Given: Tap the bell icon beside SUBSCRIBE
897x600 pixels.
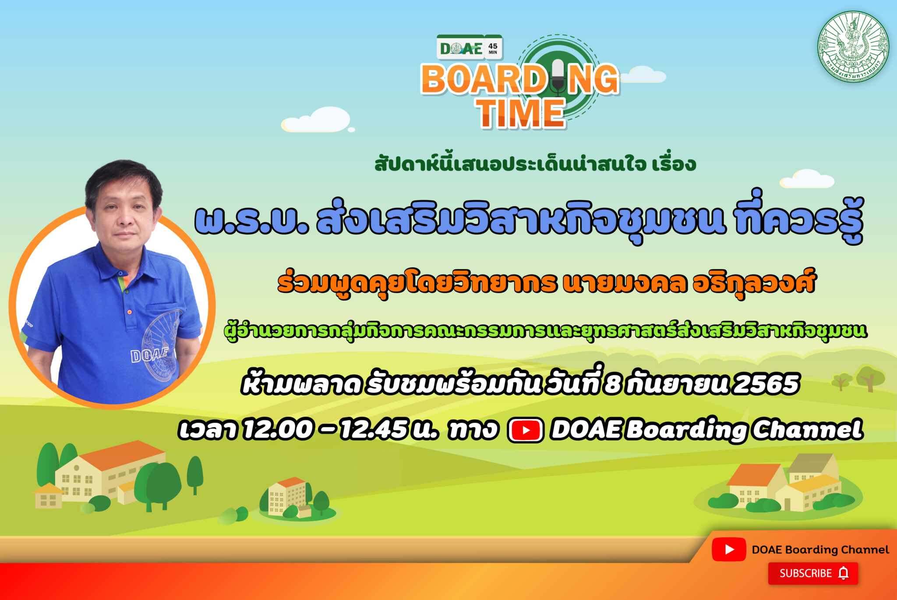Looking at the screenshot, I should [843, 573].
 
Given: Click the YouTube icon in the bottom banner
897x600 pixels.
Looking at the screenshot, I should [729, 549].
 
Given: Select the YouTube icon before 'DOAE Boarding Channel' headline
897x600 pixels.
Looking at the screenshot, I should [526, 430].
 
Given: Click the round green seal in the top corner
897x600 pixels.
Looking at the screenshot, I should [853, 46].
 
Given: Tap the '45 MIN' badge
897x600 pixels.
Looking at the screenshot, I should [493, 48].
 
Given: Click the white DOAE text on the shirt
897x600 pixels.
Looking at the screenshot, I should [149, 355].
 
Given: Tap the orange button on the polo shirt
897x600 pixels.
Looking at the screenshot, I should [129, 312].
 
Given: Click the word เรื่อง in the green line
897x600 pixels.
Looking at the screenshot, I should [674, 164].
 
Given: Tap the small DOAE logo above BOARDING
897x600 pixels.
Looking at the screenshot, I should [461, 48].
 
